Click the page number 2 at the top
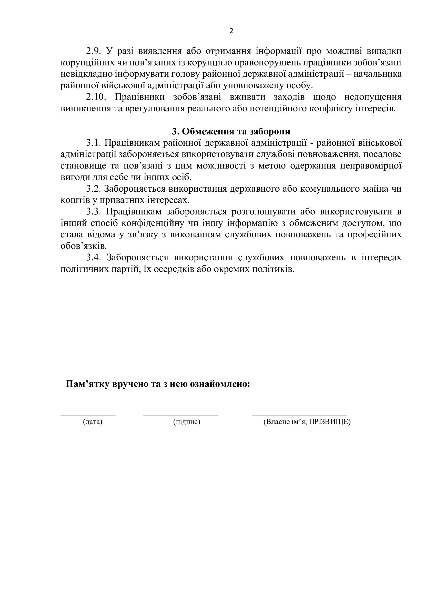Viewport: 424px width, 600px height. [x=231, y=31]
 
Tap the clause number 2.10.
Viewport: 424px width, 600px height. [x=96, y=97]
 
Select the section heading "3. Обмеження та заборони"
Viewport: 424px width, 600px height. [x=231, y=131]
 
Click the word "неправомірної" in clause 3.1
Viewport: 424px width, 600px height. [x=371, y=166]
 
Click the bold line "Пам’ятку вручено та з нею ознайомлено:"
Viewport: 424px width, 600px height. [x=158, y=384]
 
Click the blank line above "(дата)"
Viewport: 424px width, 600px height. [x=88, y=415]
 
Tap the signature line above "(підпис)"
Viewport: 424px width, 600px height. [x=180, y=415]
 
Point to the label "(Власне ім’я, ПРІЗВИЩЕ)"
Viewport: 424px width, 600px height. [x=307, y=422]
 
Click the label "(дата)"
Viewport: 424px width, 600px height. [x=93, y=422]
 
